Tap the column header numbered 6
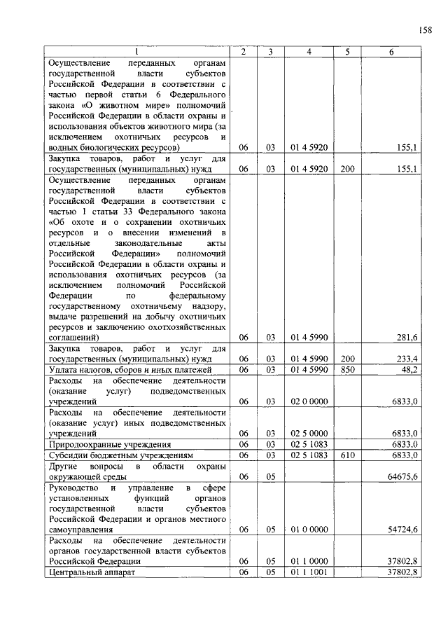(391, 52)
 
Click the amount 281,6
(407, 337)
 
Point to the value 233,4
(407, 359)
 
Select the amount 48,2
(409, 369)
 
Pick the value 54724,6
(404, 529)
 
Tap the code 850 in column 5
(347, 369)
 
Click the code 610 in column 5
(347, 455)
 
